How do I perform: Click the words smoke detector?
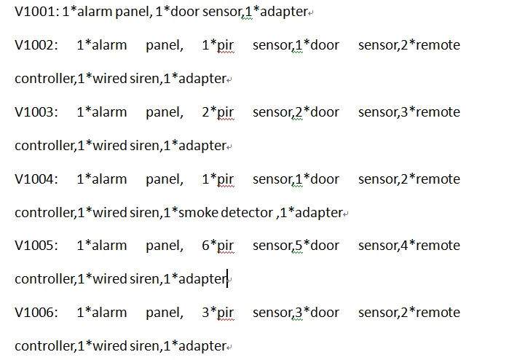tap(226, 213)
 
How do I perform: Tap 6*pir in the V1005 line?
tap(218, 246)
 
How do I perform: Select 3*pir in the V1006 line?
tap(218, 313)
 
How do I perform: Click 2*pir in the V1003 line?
tap(218, 113)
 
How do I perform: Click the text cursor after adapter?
tap(228, 278)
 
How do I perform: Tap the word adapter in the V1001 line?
tap(284, 12)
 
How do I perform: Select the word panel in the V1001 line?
tap(132, 12)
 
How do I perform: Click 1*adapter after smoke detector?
tap(312, 214)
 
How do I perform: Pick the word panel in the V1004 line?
tap(164, 180)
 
